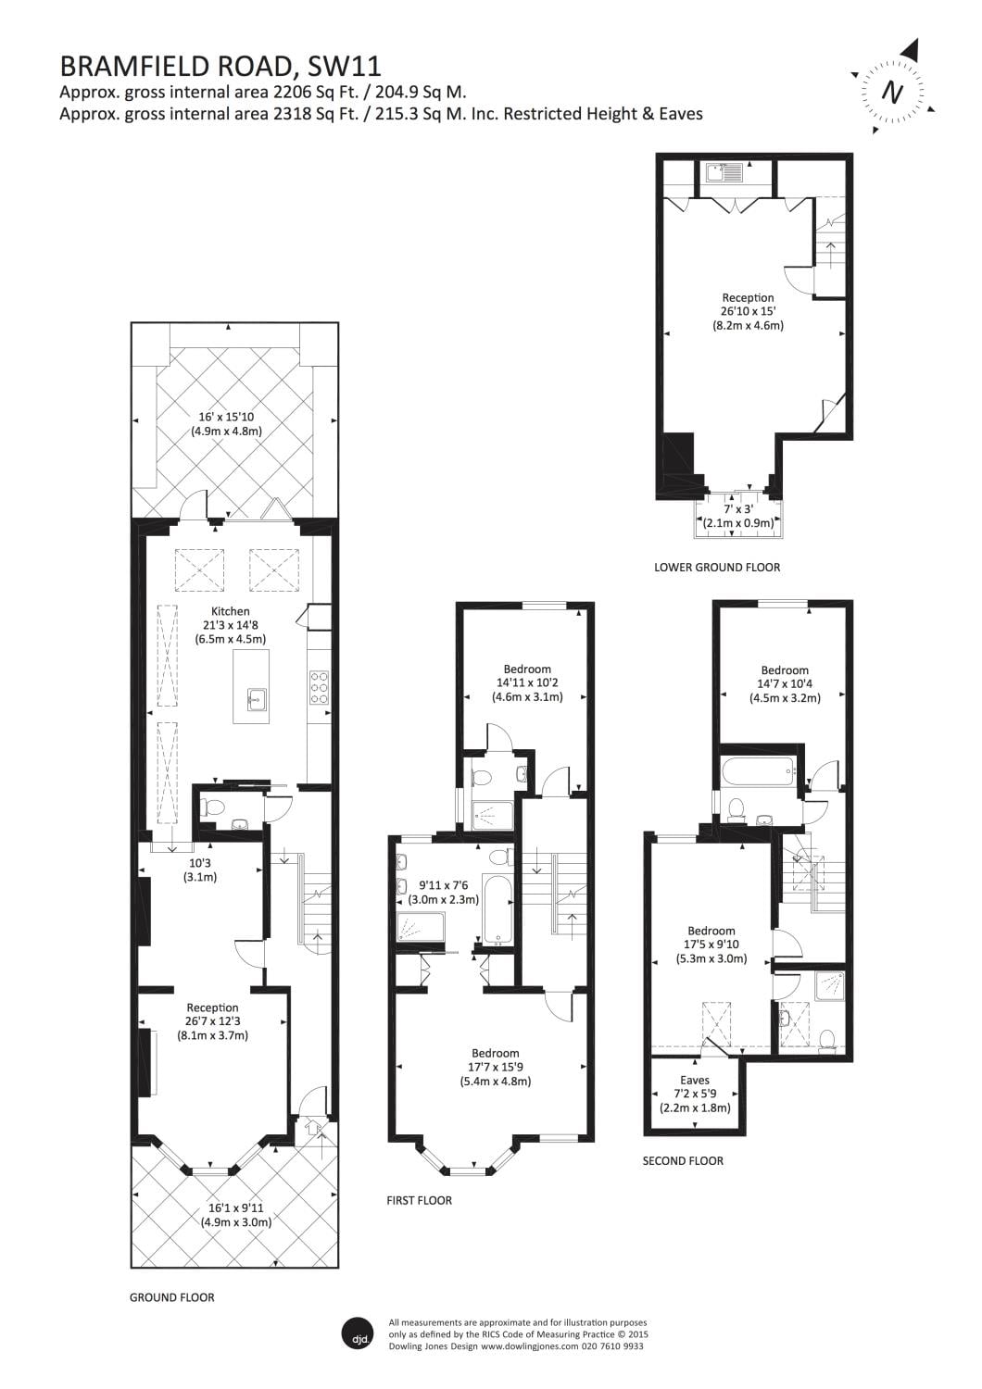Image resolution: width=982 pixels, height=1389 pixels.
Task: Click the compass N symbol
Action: coord(892,92)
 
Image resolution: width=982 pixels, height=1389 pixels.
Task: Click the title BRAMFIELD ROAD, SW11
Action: coord(220,66)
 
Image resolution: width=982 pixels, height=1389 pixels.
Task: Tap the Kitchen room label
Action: coord(230,611)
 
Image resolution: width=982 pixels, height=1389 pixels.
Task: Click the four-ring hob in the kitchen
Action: coord(320,688)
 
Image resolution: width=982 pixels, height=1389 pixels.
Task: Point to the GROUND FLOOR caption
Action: coord(171,1297)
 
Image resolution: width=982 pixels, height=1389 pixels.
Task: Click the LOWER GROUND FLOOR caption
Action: coord(716,567)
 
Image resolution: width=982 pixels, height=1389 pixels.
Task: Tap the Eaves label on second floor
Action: coord(694,1080)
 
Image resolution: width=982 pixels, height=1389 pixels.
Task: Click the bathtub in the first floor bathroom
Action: coord(497,909)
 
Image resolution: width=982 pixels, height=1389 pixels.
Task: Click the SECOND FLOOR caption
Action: coord(683,1160)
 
